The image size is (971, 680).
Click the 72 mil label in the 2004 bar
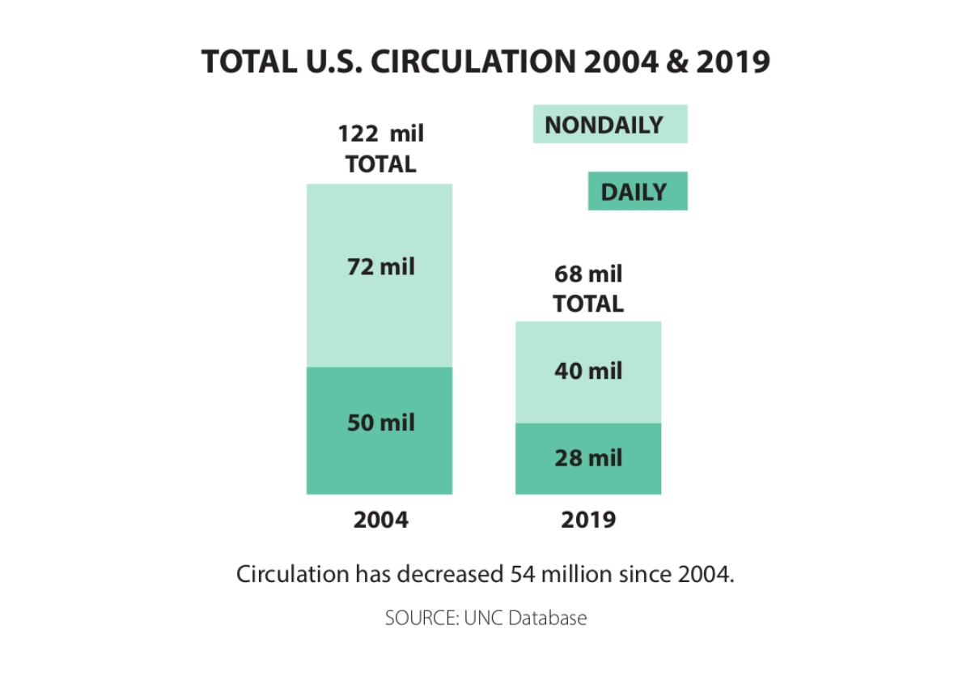[x=380, y=266]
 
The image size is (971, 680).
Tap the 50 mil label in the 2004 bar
[x=380, y=423]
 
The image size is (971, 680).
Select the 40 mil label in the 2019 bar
[x=588, y=372]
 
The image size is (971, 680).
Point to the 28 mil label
[x=588, y=458]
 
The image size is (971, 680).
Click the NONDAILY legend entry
[x=609, y=125]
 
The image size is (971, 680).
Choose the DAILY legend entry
[x=637, y=192]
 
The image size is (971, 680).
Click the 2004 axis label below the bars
[x=380, y=520]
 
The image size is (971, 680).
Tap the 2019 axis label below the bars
[x=588, y=520]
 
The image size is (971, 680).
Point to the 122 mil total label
[x=380, y=134]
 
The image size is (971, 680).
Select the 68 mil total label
[x=588, y=274]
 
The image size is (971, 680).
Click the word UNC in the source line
[x=483, y=618]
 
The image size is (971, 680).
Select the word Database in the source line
[x=547, y=618]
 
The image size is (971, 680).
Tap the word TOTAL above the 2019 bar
[x=588, y=304]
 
